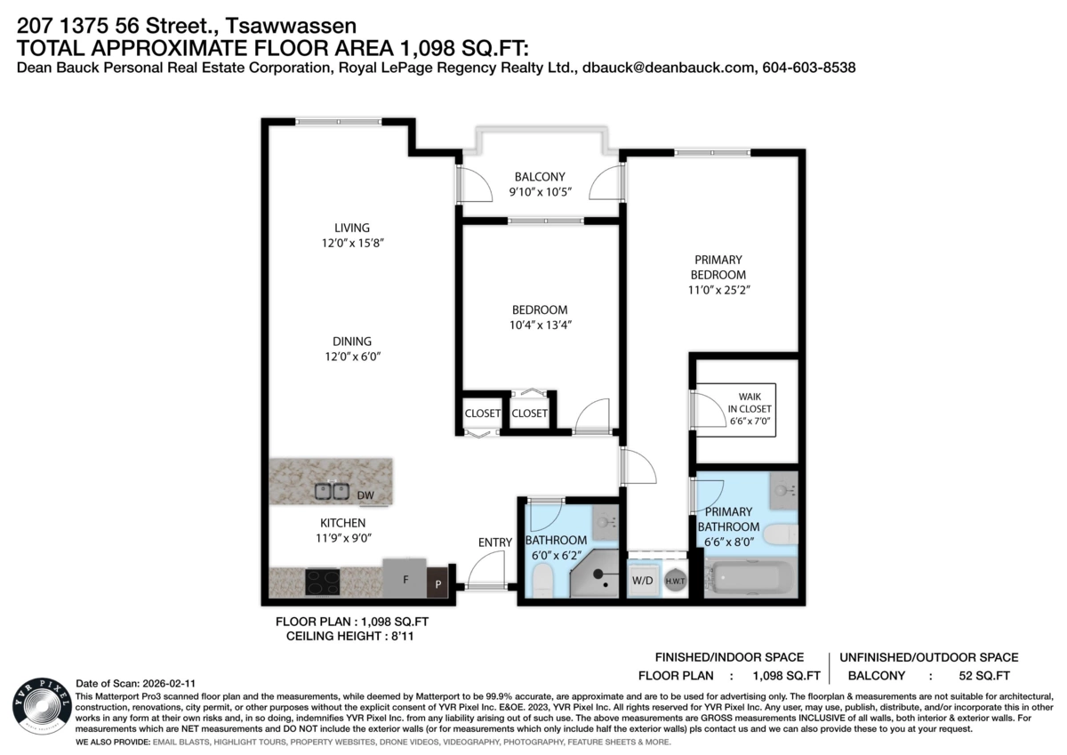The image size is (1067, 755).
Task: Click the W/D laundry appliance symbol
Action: click(643, 580)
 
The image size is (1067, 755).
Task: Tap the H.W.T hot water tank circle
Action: click(675, 581)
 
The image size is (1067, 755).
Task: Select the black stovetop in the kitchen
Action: click(323, 582)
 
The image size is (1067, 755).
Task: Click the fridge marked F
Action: click(405, 578)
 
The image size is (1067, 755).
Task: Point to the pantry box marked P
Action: click(437, 582)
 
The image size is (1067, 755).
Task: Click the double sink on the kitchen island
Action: click(332, 491)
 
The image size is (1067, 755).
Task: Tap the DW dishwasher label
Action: click(365, 495)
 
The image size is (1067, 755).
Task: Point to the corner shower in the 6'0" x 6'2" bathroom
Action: click(594, 574)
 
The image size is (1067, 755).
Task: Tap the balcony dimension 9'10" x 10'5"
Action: click(541, 192)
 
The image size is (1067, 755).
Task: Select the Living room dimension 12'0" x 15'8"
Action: click(352, 243)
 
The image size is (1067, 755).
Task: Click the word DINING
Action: click(352, 341)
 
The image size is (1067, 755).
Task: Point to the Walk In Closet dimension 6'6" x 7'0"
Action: click(750, 422)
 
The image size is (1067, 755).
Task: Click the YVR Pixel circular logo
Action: click(42, 706)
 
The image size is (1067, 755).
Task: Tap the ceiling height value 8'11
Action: click(403, 637)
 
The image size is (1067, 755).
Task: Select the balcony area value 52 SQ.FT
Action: click(984, 676)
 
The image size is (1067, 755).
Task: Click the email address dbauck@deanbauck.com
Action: click(669, 68)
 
